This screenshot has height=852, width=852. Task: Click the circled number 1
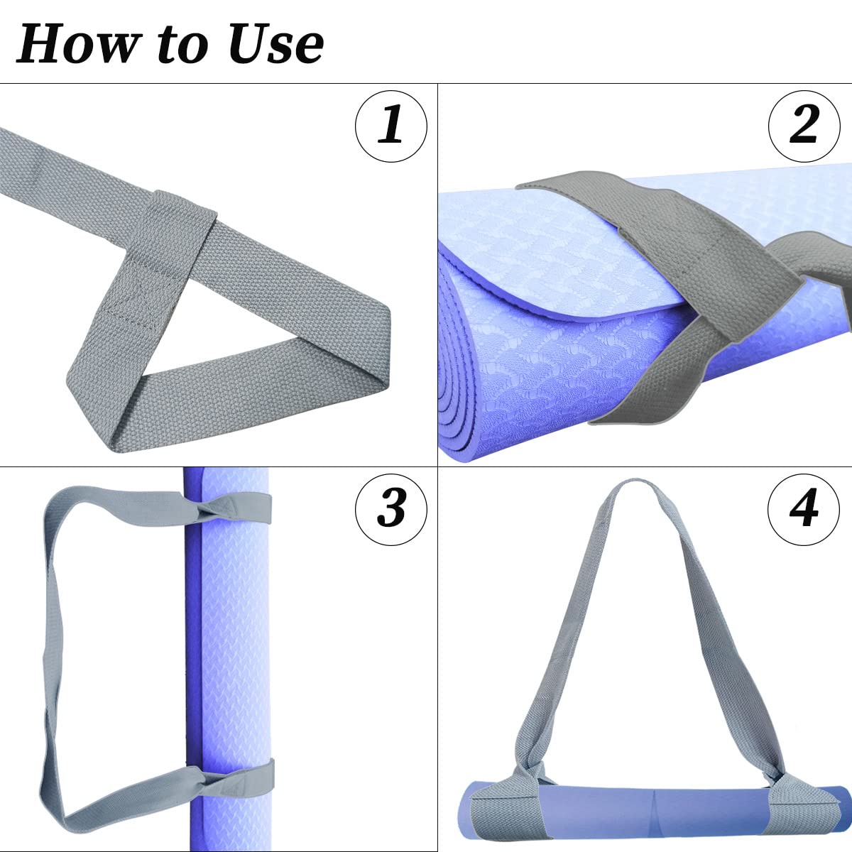click(391, 126)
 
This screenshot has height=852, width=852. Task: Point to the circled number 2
click(804, 126)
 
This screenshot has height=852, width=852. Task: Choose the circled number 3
click(391, 509)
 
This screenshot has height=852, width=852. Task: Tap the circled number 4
click(804, 509)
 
